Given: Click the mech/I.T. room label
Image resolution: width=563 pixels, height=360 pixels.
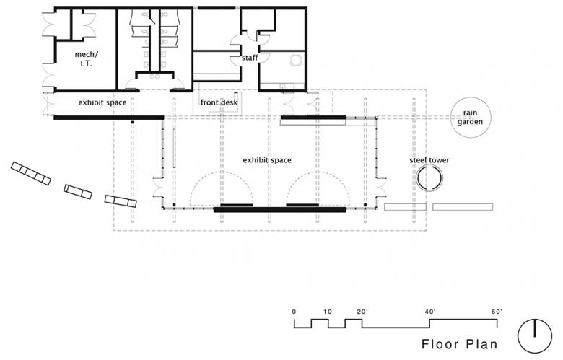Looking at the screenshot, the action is tap(86, 59).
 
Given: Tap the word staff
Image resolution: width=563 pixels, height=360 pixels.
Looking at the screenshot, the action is tap(250, 58).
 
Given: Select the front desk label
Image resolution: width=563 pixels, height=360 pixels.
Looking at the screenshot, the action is tap(219, 102).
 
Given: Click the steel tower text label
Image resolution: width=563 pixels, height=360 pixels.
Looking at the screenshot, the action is tap(429, 160).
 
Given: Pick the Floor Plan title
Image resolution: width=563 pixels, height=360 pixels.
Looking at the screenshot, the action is tap(460, 344).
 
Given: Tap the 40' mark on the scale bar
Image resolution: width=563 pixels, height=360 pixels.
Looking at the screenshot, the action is tap(429, 312).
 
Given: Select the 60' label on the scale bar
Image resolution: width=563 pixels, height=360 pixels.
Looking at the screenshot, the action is tap(497, 312).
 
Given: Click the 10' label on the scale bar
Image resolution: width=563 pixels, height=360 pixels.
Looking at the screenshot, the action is tap(328, 312).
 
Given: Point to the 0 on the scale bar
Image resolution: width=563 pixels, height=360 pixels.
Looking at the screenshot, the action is tap(294, 312).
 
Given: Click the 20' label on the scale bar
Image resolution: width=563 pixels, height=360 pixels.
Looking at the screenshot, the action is tap(362, 312).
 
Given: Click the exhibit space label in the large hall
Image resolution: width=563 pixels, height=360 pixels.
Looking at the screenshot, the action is tap(267, 160).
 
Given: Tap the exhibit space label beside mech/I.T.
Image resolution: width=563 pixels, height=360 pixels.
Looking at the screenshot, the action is tap(102, 102).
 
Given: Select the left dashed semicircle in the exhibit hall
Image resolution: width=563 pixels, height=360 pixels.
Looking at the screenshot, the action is tap(222, 172).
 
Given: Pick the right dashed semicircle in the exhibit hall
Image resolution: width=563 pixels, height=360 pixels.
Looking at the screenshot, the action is tap(318, 172).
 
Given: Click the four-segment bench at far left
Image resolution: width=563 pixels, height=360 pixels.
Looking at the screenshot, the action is tap(31, 173).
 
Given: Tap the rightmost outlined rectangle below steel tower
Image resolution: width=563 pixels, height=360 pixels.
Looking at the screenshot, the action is tap(463, 207).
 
